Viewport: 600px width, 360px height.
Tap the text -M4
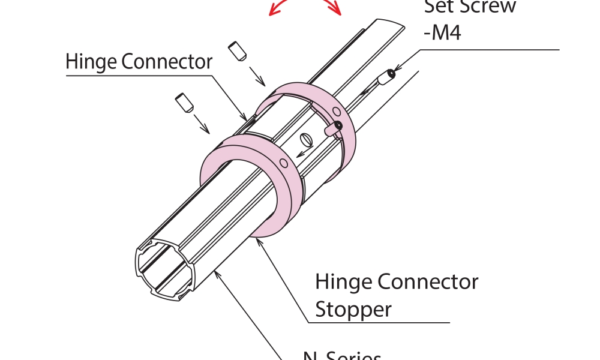442,32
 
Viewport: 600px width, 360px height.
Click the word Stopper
353,310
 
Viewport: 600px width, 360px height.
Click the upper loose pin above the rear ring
237,52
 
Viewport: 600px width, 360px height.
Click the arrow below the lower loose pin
202,124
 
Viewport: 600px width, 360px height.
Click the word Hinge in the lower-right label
340,281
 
